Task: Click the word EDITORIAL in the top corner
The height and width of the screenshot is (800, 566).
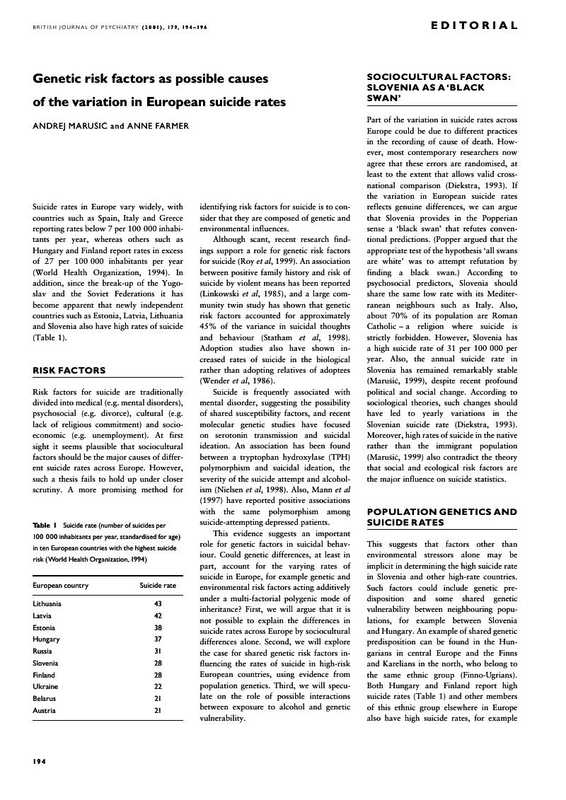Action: click(474, 25)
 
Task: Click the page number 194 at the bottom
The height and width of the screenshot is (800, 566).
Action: click(40, 761)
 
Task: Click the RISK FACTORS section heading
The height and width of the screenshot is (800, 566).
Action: click(69, 370)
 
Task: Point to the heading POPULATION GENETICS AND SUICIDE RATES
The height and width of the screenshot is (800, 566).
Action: click(441, 517)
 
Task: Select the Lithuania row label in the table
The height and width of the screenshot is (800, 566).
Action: click(47, 604)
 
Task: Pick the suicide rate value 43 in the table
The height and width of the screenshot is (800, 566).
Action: click(158, 604)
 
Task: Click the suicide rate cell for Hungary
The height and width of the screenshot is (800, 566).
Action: click(158, 639)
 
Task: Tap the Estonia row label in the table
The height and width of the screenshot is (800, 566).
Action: click(44, 627)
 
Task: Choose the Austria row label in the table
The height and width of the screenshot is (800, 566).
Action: click(43, 710)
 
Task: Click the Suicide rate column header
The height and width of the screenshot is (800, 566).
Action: click(158, 586)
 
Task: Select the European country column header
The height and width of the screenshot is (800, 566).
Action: click(61, 586)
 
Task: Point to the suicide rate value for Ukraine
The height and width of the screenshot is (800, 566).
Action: click(158, 686)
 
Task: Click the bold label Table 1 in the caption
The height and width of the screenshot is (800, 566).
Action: click(45, 526)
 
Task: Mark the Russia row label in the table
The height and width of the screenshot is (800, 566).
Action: click(42, 651)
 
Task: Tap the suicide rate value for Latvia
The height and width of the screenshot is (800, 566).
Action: click(158, 615)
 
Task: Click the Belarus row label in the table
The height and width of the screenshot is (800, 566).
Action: click(44, 698)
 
